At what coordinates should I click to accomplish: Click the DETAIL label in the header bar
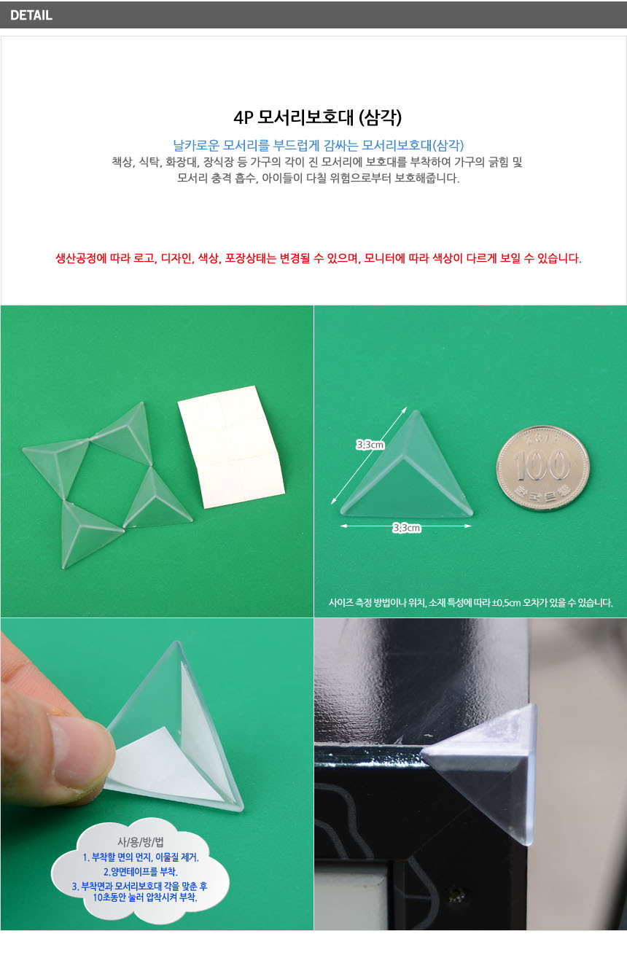(31, 15)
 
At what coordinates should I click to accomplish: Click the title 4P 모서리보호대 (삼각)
(317, 117)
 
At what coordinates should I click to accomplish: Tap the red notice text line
(319, 258)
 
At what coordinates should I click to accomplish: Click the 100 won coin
(542, 467)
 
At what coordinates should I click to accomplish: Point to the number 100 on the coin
(542, 465)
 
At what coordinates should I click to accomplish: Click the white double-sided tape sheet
(231, 447)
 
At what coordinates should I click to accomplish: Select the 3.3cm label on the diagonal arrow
(370, 445)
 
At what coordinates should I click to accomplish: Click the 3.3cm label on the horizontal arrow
(407, 528)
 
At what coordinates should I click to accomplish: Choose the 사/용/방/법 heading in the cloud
(141, 842)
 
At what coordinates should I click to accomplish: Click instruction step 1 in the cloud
(141, 857)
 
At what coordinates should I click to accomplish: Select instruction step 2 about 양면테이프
(141, 872)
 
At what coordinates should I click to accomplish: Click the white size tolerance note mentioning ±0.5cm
(470, 603)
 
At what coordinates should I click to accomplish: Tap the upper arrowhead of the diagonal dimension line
(405, 409)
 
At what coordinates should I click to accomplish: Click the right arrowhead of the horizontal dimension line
(468, 526)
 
